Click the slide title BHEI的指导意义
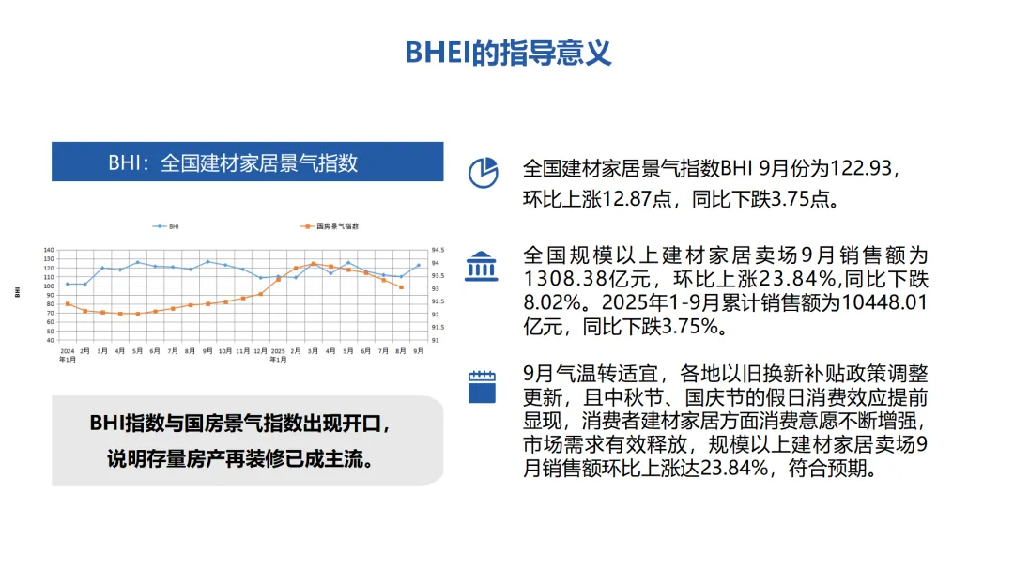point(508,52)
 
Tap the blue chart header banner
point(247,162)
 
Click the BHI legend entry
point(168,226)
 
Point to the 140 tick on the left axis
point(50,250)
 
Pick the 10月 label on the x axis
point(225,350)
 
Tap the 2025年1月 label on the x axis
point(278,354)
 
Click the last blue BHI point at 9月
point(419,265)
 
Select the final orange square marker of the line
point(401,286)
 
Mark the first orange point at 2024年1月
point(67,303)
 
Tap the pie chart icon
point(483,172)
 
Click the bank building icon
point(482,266)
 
